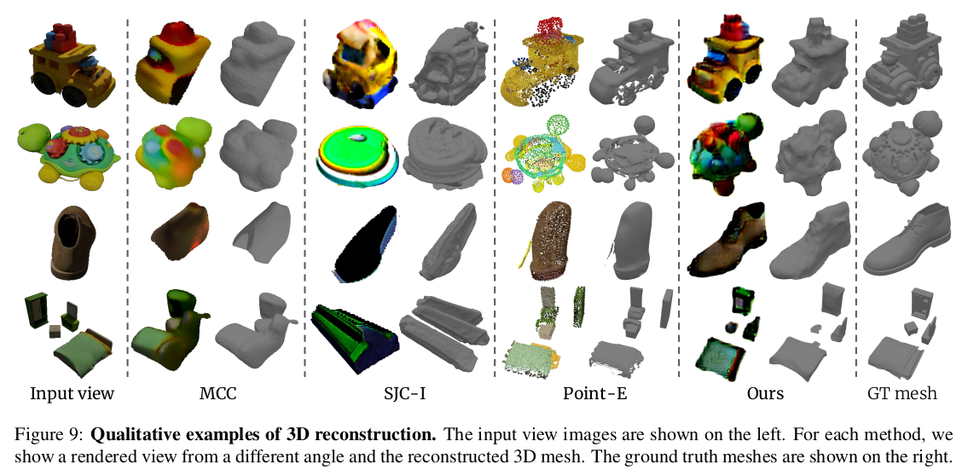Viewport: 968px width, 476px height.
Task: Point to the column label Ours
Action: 765,393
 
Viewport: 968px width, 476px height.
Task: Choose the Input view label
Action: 72,393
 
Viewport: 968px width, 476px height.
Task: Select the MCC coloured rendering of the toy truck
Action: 174,64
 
